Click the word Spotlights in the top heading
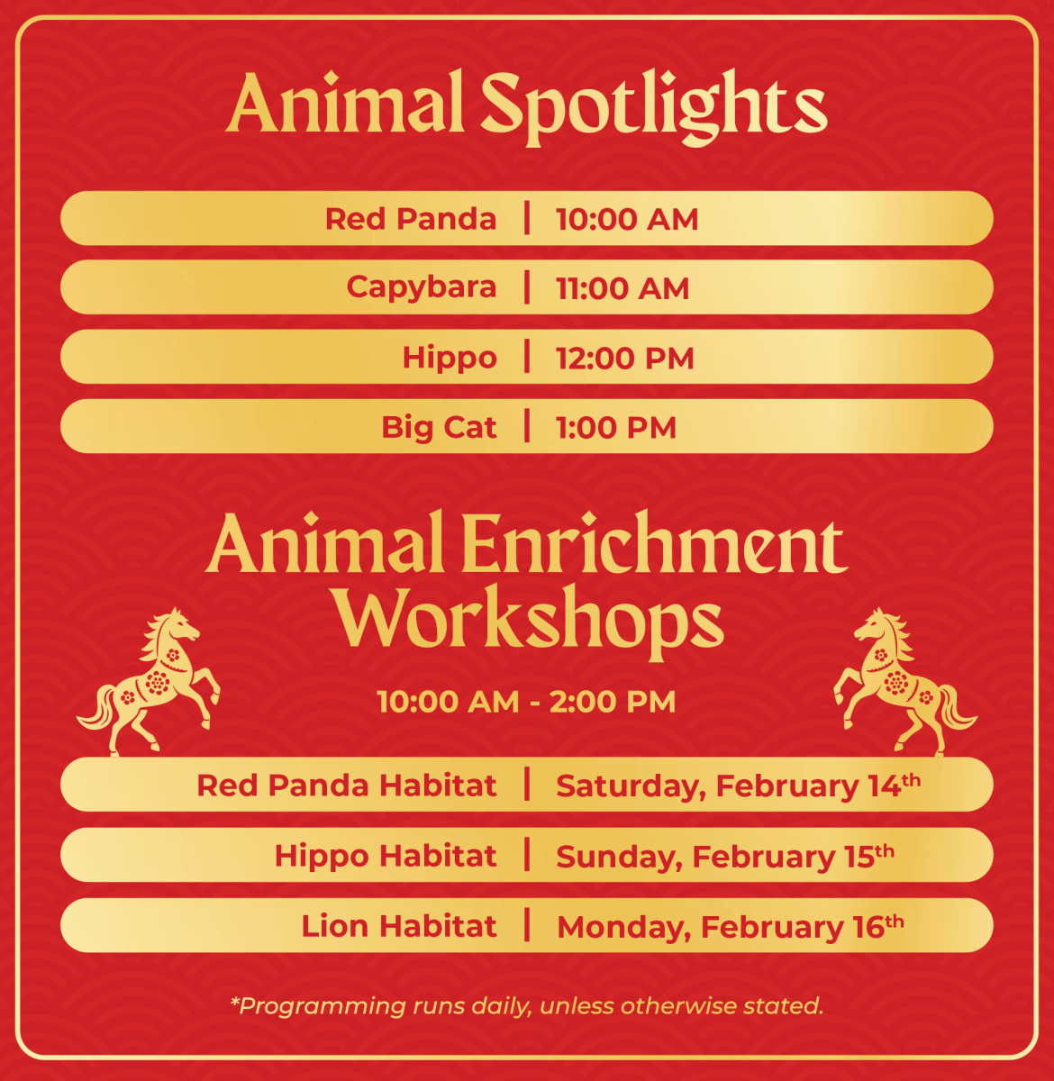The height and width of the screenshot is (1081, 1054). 654,108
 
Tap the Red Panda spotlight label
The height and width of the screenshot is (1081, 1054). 411,219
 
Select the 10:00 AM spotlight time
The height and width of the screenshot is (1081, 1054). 627,219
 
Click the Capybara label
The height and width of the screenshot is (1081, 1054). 422,287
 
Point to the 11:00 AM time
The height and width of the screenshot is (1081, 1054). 622,289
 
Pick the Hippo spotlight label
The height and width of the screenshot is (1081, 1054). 450,358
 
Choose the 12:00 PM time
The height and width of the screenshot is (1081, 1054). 625,359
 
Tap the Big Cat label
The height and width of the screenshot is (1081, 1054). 439,428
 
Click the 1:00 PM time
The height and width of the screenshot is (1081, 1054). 616,428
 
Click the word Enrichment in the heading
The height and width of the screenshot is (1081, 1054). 655,542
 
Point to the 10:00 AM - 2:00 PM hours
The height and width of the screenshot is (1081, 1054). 526,701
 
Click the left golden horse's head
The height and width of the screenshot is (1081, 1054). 179,625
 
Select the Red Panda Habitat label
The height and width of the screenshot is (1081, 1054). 347,786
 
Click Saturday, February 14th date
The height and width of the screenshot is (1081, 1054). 739,786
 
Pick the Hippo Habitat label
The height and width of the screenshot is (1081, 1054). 386,856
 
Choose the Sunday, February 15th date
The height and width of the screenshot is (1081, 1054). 725,856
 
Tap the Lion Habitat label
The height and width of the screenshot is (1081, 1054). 399,926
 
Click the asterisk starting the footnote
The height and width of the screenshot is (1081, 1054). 234,1001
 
